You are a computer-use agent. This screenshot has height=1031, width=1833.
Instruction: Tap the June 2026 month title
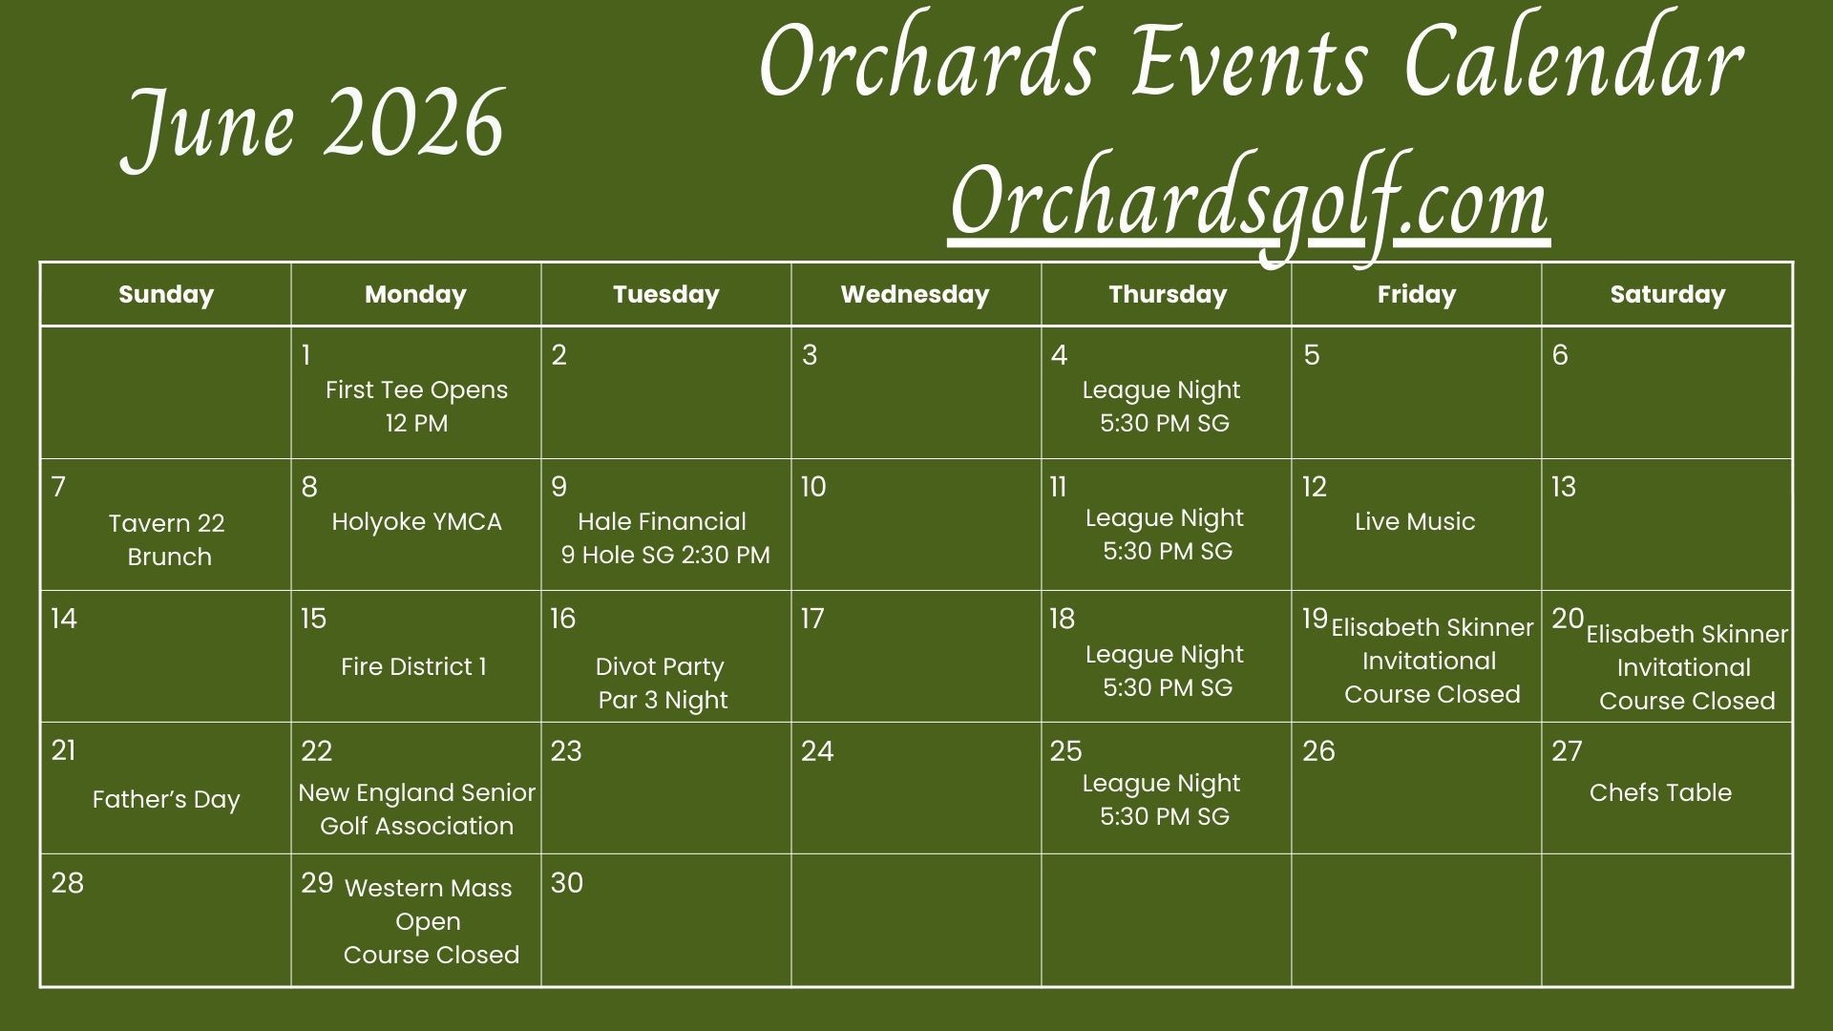click(x=313, y=126)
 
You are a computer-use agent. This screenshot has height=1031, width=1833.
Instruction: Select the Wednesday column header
click(x=915, y=294)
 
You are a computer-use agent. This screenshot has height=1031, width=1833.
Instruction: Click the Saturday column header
click(x=1668, y=294)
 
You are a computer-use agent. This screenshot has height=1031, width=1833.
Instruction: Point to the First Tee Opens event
click(x=416, y=406)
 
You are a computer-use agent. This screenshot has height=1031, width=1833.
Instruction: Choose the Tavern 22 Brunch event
click(x=167, y=539)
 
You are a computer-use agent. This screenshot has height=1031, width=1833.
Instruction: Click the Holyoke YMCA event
click(x=416, y=521)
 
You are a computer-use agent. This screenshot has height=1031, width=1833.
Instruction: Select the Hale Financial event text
click(x=665, y=537)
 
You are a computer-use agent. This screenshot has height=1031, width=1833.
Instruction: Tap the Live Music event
click(x=1415, y=521)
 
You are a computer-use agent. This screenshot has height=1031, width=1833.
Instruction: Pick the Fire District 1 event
click(x=413, y=666)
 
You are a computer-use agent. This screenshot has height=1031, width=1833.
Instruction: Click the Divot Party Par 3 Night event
click(x=662, y=683)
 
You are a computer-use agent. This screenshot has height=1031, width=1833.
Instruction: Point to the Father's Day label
click(x=166, y=799)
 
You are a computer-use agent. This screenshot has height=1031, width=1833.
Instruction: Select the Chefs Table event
click(x=1660, y=792)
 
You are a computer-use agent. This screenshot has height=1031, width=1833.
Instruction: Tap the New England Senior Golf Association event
click(x=417, y=809)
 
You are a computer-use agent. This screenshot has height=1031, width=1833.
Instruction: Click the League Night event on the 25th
click(x=1163, y=799)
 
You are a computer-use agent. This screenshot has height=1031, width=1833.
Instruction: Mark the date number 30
click(x=566, y=883)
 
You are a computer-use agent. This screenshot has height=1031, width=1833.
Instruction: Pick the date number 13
click(x=1564, y=487)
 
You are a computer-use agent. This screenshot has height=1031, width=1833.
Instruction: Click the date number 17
click(x=811, y=619)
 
